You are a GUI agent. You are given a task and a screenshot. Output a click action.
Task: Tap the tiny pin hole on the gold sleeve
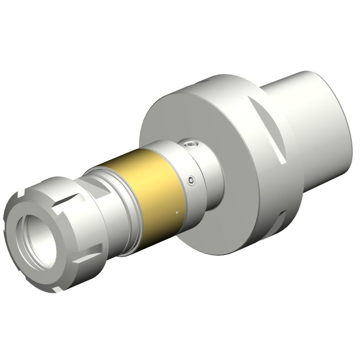(x=177, y=212)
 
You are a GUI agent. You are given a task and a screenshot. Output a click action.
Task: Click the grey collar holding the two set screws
(x=202, y=169)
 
